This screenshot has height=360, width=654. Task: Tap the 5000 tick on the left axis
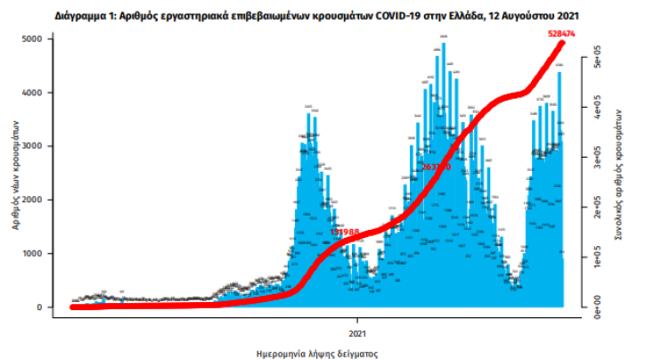click(x=31, y=39)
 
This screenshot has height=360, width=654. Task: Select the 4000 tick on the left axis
click(x=31, y=93)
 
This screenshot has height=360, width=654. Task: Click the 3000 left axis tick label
click(x=31, y=146)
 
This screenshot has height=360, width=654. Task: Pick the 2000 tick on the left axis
click(x=31, y=200)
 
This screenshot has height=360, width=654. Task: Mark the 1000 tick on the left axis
click(x=31, y=254)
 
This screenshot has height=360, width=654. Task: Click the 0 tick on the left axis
click(x=38, y=307)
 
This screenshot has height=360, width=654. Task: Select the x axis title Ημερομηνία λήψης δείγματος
click(x=317, y=353)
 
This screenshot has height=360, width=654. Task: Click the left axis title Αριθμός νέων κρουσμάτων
click(x=16, y=175)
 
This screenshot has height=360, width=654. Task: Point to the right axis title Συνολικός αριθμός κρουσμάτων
click(x=617, y=175)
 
